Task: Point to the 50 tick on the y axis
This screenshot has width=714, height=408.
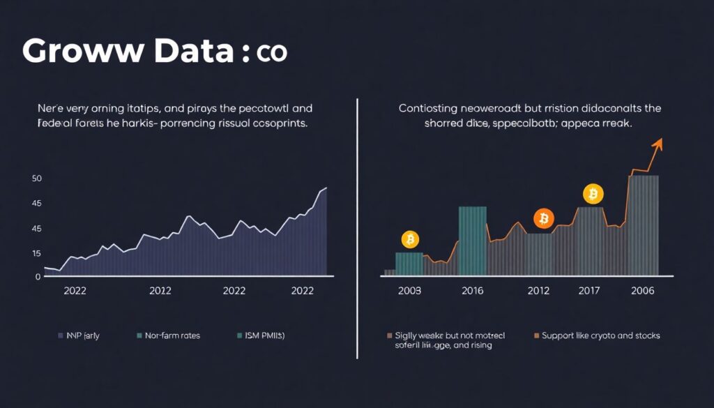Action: click(37, 179)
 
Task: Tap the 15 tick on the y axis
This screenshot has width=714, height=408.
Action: click(37, 254)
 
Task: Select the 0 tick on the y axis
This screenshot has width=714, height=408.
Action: click(38, 277)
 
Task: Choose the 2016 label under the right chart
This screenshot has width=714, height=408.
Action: click(473, 292)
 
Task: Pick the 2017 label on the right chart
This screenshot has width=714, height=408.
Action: click(590, 292)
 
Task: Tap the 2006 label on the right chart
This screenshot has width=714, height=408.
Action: click(642, 292)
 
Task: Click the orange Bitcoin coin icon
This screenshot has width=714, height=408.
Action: click(543, 219)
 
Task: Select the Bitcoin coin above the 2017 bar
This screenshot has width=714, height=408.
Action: click(593, 193)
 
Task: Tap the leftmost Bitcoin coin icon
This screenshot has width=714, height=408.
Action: click(410, 240)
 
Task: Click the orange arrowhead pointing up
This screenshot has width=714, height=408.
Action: click(657, 144)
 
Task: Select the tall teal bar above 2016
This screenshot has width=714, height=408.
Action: click(472, 241)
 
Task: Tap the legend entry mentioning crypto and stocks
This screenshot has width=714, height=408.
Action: click(596, 335)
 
